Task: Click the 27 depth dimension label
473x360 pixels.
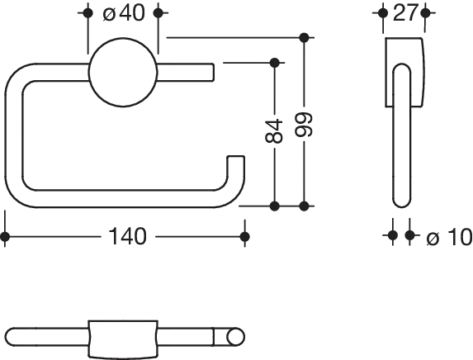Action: tap(404, 15)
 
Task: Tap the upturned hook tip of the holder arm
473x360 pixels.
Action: tap(239, 165)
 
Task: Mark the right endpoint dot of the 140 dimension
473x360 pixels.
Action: tap(244, 238)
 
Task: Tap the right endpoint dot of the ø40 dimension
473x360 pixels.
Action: tap(163, 15)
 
